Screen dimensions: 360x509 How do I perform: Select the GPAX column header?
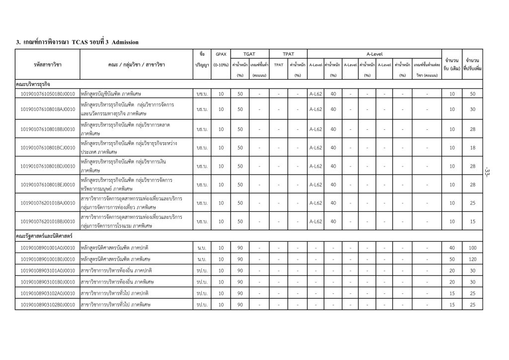[x=221, y=53]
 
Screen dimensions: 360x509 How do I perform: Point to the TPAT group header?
[x=288, y=53]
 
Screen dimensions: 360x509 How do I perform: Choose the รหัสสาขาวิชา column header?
[x=47, y=65]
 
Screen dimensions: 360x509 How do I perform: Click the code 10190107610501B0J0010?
[x=47, y=93]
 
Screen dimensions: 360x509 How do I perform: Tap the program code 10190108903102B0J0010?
[x=47, y=304]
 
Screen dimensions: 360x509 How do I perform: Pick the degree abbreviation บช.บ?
[x=202, y=93]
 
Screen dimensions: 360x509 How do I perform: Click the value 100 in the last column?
[x=472, y=248]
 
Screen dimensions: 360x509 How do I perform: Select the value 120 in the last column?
[x=472, y=259]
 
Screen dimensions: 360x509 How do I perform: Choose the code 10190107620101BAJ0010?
[x=47, y=202]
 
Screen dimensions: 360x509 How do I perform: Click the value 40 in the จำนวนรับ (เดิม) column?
[x=452, y=248]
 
